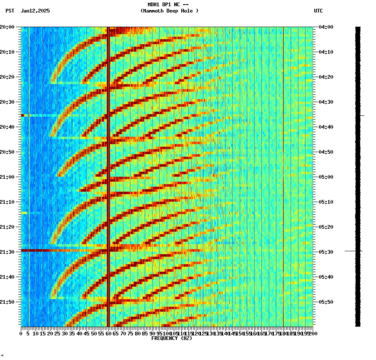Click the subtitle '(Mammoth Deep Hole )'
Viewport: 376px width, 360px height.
tap(169, 11)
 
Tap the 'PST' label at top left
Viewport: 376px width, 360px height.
tap(10, 11)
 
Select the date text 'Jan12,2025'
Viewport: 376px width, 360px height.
tap(35, 11)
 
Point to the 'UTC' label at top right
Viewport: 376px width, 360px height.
tap(318, 11)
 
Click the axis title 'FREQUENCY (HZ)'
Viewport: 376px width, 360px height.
tap(171, 338)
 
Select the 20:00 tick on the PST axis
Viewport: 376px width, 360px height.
tap(7, 27)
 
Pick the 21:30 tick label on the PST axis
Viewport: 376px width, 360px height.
tap(7, 252)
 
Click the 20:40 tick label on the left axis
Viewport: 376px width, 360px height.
tap(7, 127)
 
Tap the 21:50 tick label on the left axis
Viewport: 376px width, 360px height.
tap(7, 302)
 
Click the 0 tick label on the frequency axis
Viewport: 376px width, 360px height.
tap(21, 334)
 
